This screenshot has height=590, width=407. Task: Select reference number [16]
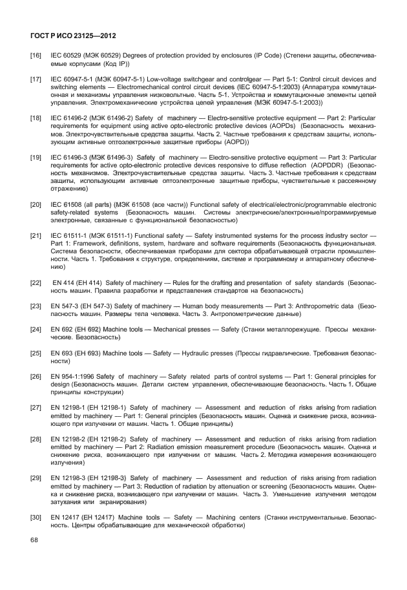click(36, 57)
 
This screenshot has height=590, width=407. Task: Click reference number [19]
click(36, 157)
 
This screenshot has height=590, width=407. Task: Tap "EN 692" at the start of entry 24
click(63, 330)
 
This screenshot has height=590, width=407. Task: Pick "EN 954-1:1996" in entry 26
click(72, 377)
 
